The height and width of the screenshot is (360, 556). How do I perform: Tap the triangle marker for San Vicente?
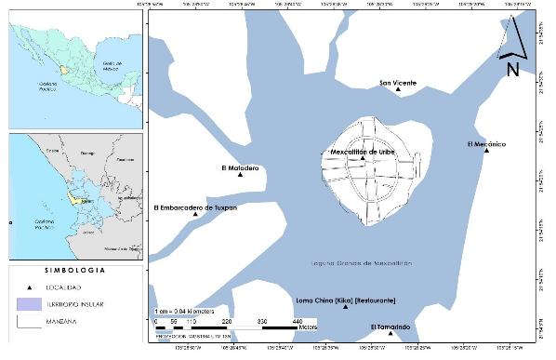click(398, 91)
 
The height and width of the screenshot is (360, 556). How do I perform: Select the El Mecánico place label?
click(485, 143)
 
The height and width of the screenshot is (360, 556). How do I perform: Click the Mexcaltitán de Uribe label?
click(364, 151)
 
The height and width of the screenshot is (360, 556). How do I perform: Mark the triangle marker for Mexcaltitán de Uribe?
click(364, 158)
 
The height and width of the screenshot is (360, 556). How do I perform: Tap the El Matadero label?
click(240, 167)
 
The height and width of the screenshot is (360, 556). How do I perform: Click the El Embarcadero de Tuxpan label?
click(195, 207)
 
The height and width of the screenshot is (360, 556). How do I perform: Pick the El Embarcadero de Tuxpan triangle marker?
click(195, 215)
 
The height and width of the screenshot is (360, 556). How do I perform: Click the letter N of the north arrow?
click(512, 69)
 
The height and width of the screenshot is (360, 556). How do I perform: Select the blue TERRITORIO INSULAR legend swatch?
click(28, 304)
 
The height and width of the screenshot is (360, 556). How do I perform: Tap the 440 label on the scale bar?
click(298, 321)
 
